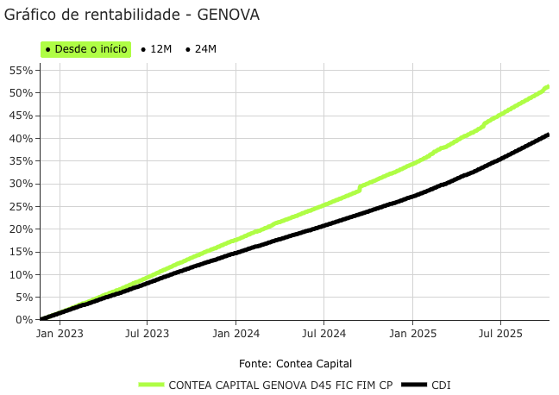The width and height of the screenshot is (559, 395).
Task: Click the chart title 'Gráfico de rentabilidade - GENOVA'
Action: click(132, 16)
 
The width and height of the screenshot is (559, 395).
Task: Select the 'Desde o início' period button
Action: click(85, 49)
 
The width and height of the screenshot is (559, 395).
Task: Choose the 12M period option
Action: click(156, 49)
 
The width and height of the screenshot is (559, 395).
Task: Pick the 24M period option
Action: click(201, 49)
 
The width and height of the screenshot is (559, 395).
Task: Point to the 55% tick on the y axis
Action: click(22, 70)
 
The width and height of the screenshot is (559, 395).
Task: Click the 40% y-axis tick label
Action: click(22, 138)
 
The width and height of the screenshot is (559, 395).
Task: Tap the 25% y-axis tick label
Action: click(22, 206)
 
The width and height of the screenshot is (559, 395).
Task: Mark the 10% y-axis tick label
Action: click(22, 274)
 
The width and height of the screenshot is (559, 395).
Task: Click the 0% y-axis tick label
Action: click(24, 320)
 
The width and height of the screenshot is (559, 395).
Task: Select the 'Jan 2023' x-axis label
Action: click(60, 333)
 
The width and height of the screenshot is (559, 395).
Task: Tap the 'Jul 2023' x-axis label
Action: click(148, 333)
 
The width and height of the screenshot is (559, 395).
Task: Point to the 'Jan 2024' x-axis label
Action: click(236, 333)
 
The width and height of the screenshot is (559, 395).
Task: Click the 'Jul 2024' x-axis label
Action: click(324, 333)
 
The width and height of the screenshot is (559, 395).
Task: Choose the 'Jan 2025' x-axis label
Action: click(413, 333)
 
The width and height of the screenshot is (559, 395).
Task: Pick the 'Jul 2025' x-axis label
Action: click(500, 333)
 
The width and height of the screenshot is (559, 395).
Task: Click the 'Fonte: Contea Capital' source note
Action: click(295, 363)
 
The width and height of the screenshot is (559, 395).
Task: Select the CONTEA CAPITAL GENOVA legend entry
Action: click(267, 385)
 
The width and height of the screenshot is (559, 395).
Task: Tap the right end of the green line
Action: click(548, 86)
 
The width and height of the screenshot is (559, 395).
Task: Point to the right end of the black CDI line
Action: click(548, 135)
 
